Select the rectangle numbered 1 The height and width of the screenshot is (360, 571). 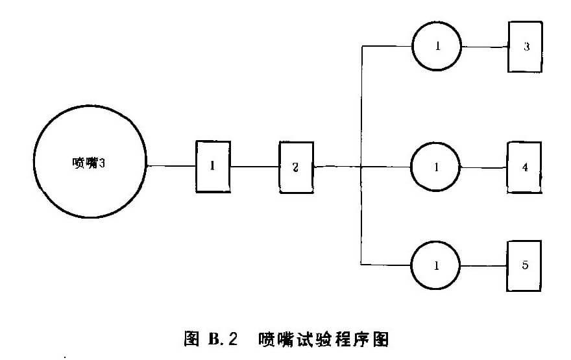tap(213, 167)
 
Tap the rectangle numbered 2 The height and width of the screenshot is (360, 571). tap(295, 167)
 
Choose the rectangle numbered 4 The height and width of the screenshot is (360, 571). tap(525, 168)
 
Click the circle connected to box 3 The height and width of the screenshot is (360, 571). tap(437, 47)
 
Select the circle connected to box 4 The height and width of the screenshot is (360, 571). tap(435, 167)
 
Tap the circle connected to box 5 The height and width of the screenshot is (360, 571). tap(435, 265)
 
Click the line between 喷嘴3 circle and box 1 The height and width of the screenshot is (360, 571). tap(171, 167)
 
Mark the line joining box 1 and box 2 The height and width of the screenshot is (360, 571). tap(254, 167)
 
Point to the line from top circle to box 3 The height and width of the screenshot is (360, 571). tap(484, 47)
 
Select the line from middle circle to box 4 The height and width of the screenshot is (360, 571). tap(483, 167)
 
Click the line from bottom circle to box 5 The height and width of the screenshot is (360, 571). tap(483, 265)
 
